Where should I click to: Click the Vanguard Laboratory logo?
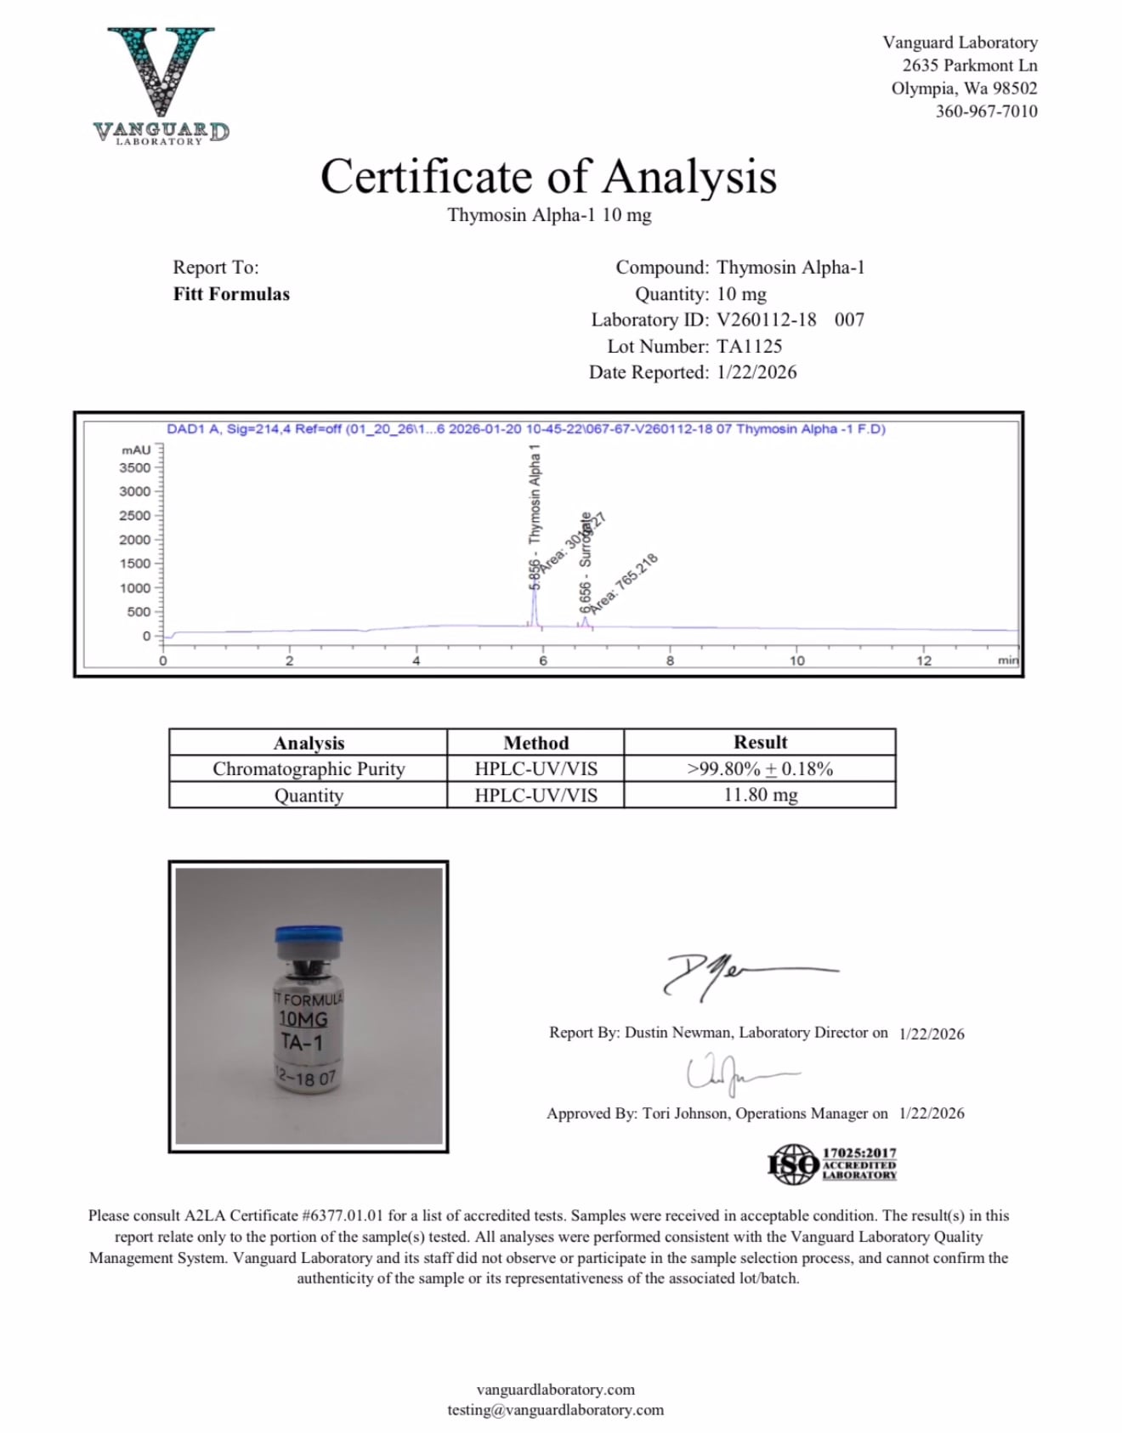[161, 85]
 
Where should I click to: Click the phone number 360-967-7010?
[986, 111]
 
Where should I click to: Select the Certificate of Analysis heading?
[548, 177]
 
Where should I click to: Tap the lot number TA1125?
[749, 346]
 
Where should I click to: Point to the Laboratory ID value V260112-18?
[767, 320]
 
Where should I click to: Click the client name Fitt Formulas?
[231, 294]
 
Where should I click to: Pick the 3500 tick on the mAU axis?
[135, 467]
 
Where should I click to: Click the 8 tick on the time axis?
[670, 660]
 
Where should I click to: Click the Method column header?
[535, 742]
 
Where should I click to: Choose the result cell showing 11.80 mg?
[760, 795]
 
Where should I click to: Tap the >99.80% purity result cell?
[760, 768]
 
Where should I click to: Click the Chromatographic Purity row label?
[309, 768]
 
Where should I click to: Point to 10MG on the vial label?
[303, 1019]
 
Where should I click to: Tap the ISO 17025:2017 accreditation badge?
[832, 1164]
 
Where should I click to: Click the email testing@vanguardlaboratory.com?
[555, 1410]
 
